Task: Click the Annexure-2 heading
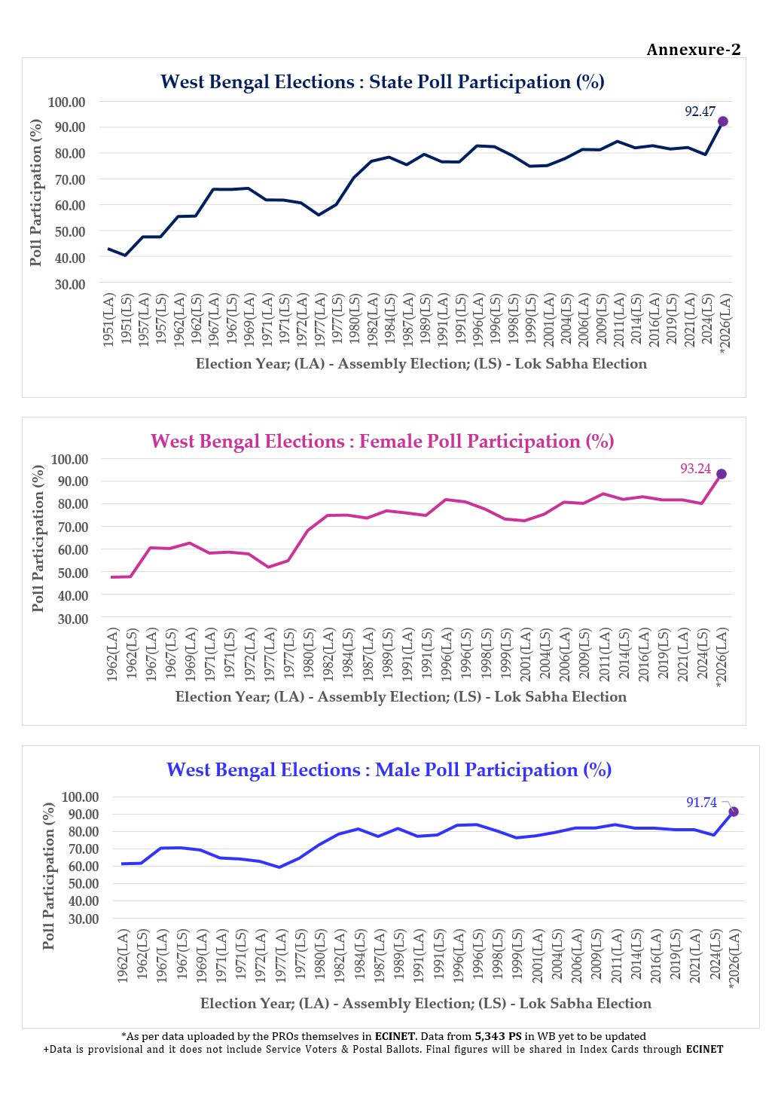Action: [693, 50]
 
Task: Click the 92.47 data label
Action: [700, 112]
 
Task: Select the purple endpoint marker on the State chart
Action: [723, 121]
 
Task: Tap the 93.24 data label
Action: [695, 469]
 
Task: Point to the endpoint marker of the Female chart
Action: [722, 474]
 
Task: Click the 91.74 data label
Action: [701, 803]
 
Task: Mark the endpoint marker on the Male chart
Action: [734, 812]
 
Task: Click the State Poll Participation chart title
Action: [383, 82]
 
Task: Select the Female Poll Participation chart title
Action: [383, 442]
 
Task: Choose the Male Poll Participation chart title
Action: [389, 770]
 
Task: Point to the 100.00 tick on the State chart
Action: [67, 102]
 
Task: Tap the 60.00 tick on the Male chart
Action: [80, 866]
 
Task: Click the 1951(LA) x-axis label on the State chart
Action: [109, 320]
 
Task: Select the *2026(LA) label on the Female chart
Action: [722, 657]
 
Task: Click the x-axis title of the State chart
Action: [421, 364]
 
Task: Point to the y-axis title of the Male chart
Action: [49, 876]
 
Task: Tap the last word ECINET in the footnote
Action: [704, 1049]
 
